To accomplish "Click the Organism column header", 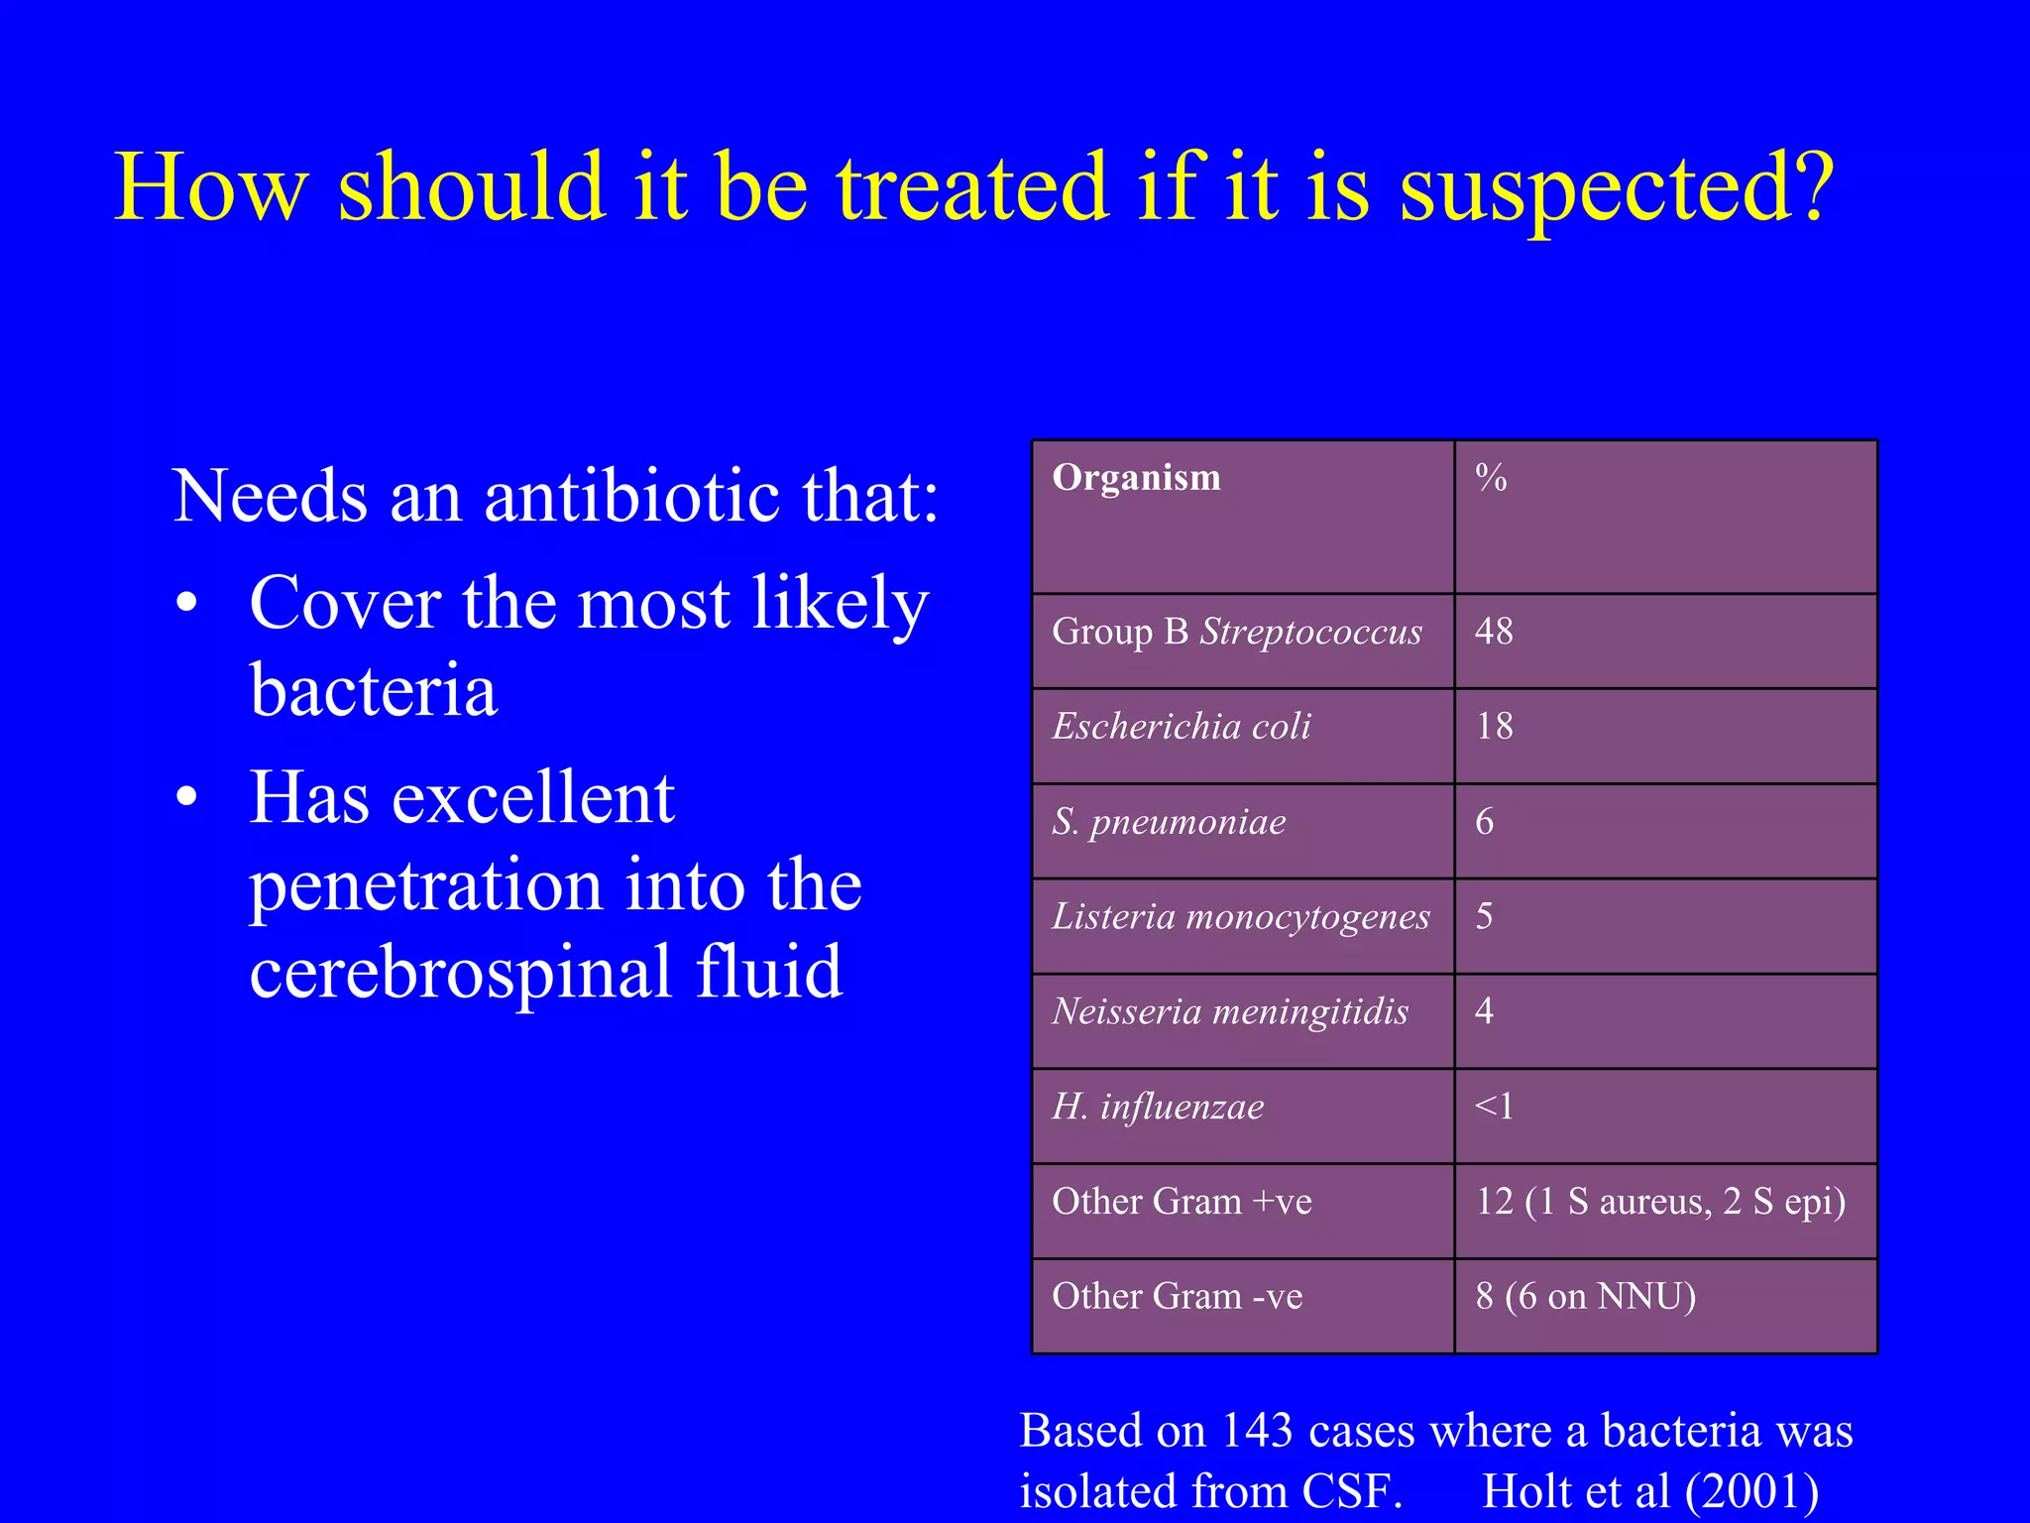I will coord(1136,478).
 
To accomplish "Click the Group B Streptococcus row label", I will coord(1237,632).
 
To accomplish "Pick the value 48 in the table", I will coord(1494,632).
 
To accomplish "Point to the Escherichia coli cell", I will coord(1182,727).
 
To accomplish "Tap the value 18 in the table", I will coord(1494,727).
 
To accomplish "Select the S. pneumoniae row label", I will coord(1169,822).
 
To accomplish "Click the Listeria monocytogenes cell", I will coord(1241,917).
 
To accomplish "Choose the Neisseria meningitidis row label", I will coord(1230,1012).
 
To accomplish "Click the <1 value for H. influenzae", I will coord(1494,1107).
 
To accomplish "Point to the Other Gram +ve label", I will coord(1182,1202).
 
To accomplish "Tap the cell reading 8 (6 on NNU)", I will coord(1585,1297).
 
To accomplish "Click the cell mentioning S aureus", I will coord(1660,1202).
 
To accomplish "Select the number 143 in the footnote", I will coord(1257,1432).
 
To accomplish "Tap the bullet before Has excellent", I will coord(186,798).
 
